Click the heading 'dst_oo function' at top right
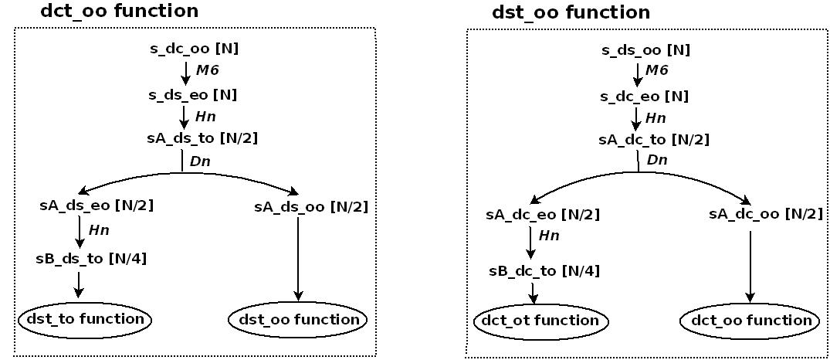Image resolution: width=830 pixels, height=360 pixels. (571, 12)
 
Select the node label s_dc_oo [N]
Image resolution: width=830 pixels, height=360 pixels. (194, 49)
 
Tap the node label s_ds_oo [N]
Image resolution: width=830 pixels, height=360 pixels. (645, 51)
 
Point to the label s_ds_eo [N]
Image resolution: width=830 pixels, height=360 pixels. (193, 95)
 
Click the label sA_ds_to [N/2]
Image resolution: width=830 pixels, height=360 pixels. (202, 139)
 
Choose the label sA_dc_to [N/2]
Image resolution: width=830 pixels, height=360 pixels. (654, 140)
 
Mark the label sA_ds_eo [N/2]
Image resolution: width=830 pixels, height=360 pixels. (97, 206)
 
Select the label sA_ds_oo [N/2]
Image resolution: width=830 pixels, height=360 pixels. (310, 206)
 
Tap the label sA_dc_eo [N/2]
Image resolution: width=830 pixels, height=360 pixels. (543, 214)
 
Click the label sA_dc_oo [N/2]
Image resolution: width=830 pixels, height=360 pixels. (765, 214)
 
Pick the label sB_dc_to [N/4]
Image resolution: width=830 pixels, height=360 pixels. (544, 271)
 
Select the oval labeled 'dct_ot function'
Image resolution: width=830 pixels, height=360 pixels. (540, 321)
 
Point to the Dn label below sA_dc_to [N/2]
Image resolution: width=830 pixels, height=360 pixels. (657, 161)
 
